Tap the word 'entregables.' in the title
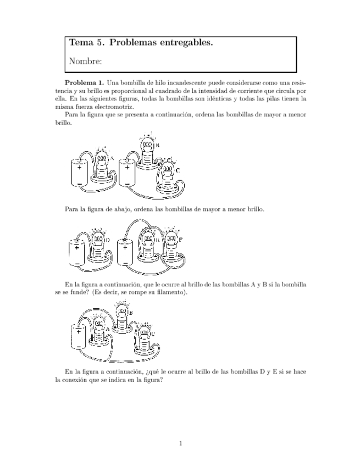tap(186, 42)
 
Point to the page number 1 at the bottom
tap(181, 443)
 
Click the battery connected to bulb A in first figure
tap(80, 174)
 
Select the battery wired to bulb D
tap(76, 253)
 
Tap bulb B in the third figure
tap(121, 316)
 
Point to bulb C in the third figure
tap(144, 338)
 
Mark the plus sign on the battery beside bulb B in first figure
tap(127, 167)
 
